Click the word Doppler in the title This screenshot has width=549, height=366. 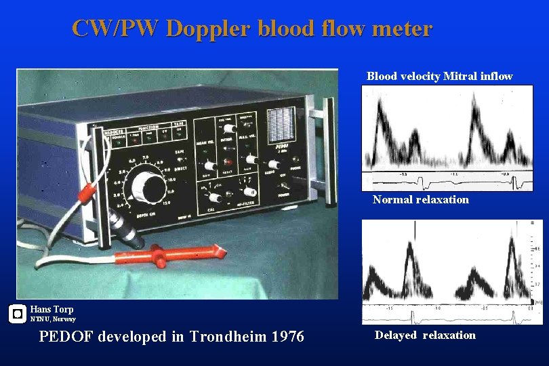[207, 28]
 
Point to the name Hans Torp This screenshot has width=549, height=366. [52, 309]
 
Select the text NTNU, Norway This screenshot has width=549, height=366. [53, 319]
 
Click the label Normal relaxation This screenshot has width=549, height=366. [420, 200]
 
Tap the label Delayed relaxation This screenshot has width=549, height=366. [425, 335]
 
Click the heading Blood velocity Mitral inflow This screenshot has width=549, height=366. [439, 77]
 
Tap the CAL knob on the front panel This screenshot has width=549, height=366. [216, 198]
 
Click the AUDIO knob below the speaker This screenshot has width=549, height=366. [274, 165]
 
